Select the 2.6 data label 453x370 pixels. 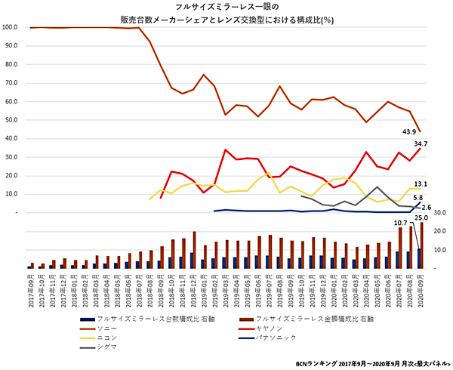click(x=427, y=208)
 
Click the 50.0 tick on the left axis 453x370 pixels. click(x=12, y=120)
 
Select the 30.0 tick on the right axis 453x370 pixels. click(x=441, y=213)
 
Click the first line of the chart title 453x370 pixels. click(x=226, y=6)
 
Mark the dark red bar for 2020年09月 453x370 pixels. click(x=422, y=245)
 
